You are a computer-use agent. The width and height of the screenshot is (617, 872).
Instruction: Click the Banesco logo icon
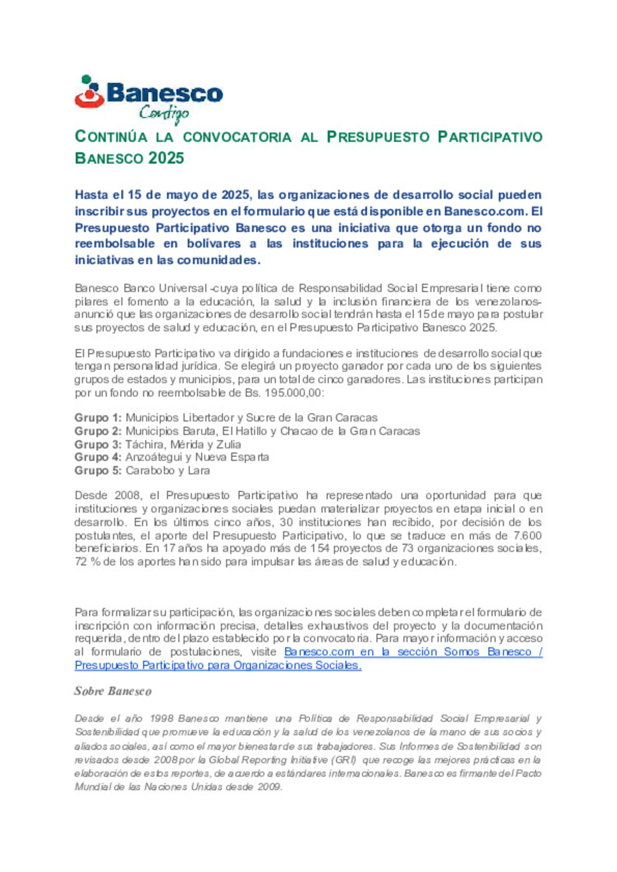click(89, 92)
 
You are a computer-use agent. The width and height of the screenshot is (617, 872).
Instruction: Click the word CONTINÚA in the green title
click(111, 137)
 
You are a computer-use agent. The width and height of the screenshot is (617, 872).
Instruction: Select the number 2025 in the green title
click(166, 158)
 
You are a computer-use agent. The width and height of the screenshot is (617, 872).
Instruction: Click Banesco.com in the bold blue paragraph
click(484, 211)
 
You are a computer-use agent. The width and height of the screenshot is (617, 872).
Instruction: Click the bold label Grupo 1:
click(98, 418)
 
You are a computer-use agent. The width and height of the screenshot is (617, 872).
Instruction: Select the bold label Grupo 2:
click(98, 431)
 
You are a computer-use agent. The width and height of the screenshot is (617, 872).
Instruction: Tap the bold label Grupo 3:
click(98, 444)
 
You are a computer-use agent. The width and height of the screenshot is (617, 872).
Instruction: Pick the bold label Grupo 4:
click(98, 457)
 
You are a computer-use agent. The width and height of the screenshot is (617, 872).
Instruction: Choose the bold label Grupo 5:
click(98, 470)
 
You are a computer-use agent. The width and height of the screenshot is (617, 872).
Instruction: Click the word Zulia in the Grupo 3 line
click(229, 444)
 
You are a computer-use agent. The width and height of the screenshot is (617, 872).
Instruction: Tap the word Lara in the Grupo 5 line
click(199, 470)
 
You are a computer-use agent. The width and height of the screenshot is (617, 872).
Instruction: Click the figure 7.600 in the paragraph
click(527, 535)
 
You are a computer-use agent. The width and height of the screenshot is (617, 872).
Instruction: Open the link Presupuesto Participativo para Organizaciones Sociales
click(218, 665)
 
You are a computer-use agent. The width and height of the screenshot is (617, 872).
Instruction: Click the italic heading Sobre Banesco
click(113, 691)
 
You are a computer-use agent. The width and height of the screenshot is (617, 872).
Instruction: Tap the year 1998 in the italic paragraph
click(161, 718)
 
